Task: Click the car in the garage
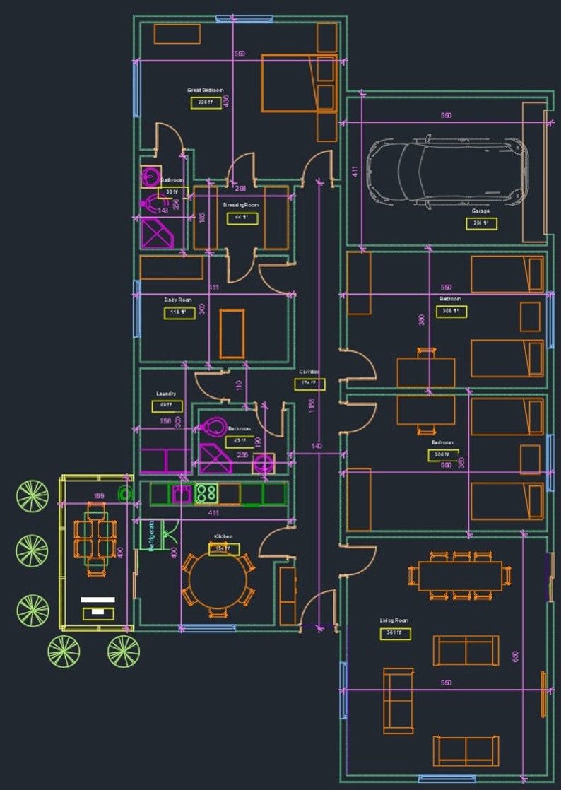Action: coord(447,172)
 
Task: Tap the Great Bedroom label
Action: coord(205,90)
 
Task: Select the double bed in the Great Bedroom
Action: coord(289,83)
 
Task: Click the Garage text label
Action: coord(481,211)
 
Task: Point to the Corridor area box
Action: coord(309,384)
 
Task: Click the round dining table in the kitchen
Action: coord(218,576)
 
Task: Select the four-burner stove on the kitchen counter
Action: coord(206,493)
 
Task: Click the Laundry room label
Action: coord(166,394)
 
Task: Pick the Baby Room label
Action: coord(178,300)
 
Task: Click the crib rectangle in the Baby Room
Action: coord(232,333)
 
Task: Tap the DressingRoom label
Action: coord(241,205)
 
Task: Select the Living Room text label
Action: coord(394,620)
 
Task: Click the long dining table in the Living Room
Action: coord(459,575)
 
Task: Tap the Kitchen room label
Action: coord(223,537)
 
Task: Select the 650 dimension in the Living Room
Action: coord(515,656)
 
